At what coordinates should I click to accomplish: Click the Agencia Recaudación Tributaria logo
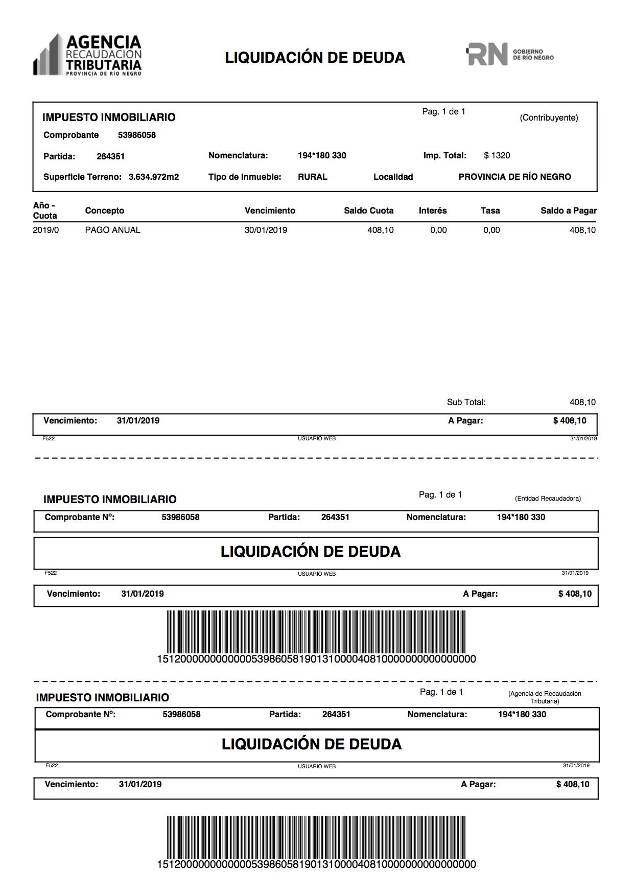click(87, 55)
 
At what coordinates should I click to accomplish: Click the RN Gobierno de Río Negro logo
click(509, 54)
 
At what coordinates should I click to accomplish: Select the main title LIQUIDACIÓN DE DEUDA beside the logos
click(315, 58)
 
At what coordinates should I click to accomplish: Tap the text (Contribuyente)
click(549, 118)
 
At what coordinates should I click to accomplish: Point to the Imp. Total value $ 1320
click(497, 156)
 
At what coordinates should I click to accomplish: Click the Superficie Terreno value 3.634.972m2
click(153, 177)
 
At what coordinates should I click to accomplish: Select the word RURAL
click(312, 177)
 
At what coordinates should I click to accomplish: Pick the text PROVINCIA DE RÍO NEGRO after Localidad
click(514, 177)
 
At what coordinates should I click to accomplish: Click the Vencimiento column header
click(270, 211)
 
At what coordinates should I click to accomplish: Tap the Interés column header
click(432, 211)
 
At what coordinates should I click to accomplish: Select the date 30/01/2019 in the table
click(266, 230)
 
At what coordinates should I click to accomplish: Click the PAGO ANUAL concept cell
click(112, 230)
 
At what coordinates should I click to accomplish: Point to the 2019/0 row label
click(46, 230)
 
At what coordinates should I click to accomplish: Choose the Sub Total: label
click(466, 403)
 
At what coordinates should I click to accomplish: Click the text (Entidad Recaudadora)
click(548, 499)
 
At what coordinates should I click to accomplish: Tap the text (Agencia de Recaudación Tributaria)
click(545, 697)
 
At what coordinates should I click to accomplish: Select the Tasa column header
click(490, 211)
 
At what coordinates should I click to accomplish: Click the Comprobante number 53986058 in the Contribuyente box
click(136, 135)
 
